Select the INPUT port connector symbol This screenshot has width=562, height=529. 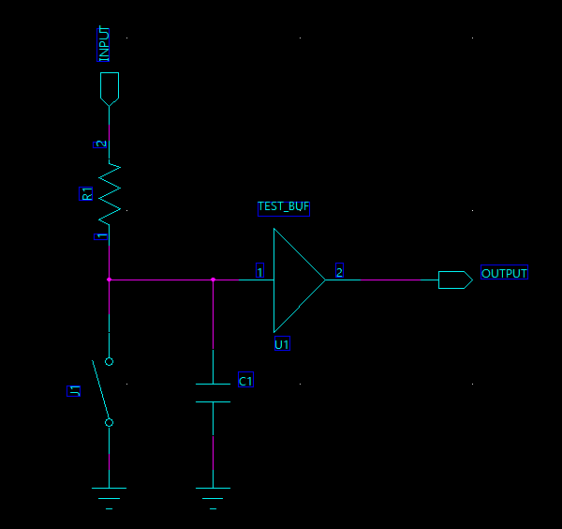(110, 87)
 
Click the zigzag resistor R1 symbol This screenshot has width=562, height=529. (110, 192)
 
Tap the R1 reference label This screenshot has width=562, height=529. (87, 194)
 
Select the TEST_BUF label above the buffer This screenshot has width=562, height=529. (283, 206)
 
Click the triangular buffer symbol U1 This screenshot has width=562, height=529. (295, 280)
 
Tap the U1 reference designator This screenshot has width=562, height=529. (282, 344)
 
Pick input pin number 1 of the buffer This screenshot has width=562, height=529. (259, 271)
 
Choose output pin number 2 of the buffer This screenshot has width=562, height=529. (339, 271)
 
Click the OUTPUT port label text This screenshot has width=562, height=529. (504, 273)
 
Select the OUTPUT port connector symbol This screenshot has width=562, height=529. (454, 280)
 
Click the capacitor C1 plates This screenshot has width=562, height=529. (213, 393)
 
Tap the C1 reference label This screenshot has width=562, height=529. (245, 381)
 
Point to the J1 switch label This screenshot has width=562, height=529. (76, 390)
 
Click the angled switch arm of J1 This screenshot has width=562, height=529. (101, 391)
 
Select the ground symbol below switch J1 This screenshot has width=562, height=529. (110, 491)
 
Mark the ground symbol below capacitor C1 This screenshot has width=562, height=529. (213, 491)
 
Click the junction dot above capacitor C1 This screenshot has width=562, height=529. (213, 280)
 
